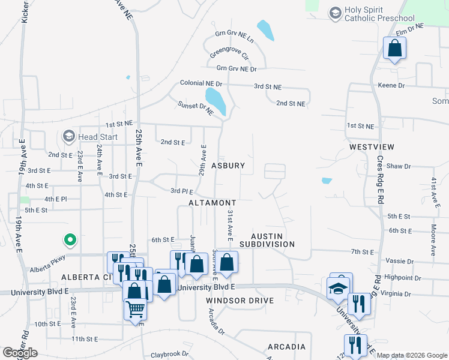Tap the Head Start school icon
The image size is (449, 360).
pos(70,137)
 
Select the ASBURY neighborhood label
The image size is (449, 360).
pos(228,165)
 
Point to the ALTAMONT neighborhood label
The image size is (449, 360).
pos(211,203)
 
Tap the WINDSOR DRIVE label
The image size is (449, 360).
pos(240,300)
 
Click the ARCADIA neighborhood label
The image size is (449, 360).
pos(286,347)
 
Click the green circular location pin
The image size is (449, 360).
pos(70,241)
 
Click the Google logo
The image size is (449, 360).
pos(20,353)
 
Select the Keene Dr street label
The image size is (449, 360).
pos(391,86)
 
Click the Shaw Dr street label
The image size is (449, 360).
pos(398,166)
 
